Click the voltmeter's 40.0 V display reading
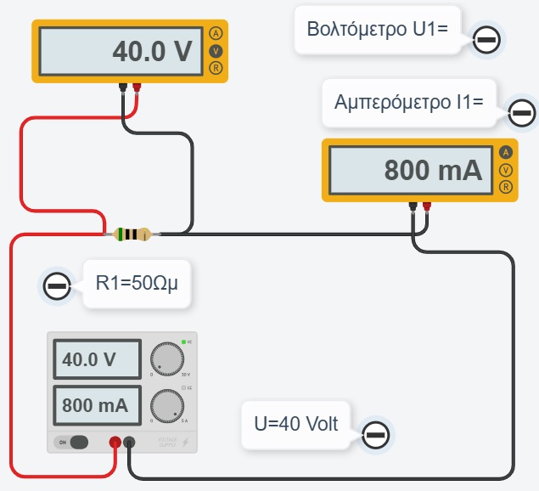(x=153, y=52)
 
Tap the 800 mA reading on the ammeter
(x=433, y=170)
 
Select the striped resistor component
(x=132, y=234)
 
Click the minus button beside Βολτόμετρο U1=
(x=486, y=40)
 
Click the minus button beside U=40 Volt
(x=376, y=435)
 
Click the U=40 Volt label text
(x=296, y=422)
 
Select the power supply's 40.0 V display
(x=97, y=359)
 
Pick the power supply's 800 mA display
(x=97, y=405)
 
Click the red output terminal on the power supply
(x=115, y=442)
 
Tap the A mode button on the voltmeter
(x=216, y=34)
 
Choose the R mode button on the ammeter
(x=506, y=187)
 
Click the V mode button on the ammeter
(x=506, y=170)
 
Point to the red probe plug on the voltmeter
(x=136, y=87)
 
